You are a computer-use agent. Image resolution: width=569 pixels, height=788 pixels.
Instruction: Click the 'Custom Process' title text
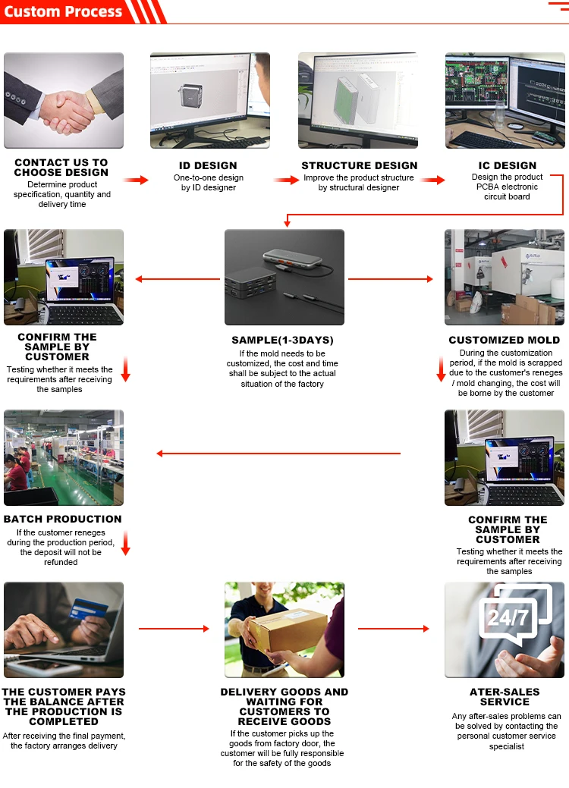pos(63,11)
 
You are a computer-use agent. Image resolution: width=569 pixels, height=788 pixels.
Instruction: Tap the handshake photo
pos(64,100)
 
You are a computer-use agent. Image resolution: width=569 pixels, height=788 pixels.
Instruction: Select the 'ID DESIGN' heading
pos(208,165)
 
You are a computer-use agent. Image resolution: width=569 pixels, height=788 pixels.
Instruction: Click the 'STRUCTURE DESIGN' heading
pos(359,165)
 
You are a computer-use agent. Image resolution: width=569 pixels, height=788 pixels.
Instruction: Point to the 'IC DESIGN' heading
pos(507,165)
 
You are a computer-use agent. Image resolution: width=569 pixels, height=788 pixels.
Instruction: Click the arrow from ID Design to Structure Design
pos(286,180)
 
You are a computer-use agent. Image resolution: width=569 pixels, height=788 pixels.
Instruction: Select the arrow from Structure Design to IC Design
pos(433,180)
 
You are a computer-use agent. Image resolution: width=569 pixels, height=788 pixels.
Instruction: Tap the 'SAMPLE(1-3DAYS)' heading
pos(282,340)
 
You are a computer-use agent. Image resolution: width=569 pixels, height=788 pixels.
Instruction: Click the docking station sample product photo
pos(284,277)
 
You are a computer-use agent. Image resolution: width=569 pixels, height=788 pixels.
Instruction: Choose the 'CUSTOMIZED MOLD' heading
pos(504,340)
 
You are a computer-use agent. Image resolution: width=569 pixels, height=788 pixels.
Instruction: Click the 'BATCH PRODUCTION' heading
pos(62,519)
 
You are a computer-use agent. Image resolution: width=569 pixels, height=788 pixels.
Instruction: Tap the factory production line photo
pos(64,457)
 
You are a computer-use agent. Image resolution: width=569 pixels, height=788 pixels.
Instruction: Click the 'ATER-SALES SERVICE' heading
pos(505,696)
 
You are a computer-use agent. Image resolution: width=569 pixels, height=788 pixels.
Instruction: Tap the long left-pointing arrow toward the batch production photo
pos(278,454)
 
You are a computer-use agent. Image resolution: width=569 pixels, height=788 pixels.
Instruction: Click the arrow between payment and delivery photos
pos(173,629)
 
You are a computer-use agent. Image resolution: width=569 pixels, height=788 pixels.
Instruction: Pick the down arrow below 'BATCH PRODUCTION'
pos(125,543)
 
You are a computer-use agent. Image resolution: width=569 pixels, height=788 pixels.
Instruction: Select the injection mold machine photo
pos(504,277)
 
